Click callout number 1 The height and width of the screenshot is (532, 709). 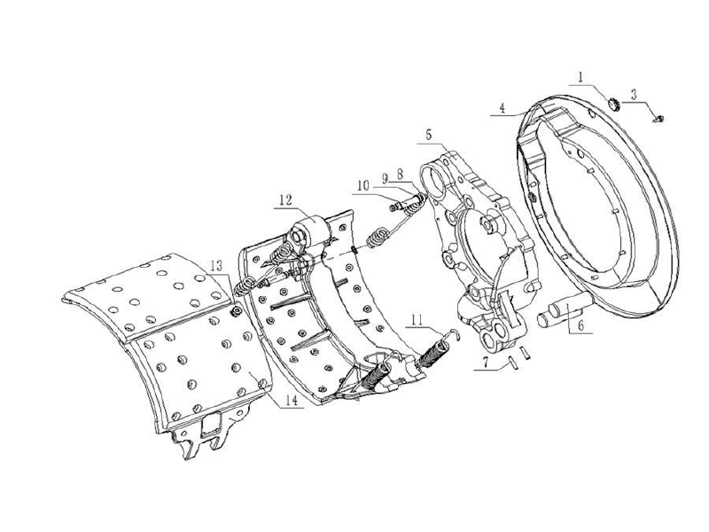tap(580, 78)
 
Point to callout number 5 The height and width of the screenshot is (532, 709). tap(429, 134)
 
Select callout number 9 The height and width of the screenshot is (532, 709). tap(386, 178)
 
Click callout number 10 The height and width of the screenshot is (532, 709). tap(363, 184)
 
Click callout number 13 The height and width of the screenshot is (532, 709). tap(217, 266)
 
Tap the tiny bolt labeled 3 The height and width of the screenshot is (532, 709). tap(658, 117)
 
